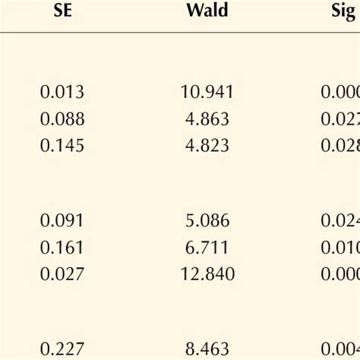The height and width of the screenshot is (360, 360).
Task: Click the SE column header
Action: click(62, 12)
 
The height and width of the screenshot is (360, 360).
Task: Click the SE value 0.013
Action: click(62, 92)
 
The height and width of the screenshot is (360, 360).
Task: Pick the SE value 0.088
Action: click(62, 118)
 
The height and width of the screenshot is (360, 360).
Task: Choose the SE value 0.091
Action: click(62, 220)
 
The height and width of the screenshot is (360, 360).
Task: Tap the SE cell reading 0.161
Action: click(62, 247)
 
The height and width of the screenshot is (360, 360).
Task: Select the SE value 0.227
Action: click(62, 349)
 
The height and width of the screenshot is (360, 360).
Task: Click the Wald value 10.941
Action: click(207, 92)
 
